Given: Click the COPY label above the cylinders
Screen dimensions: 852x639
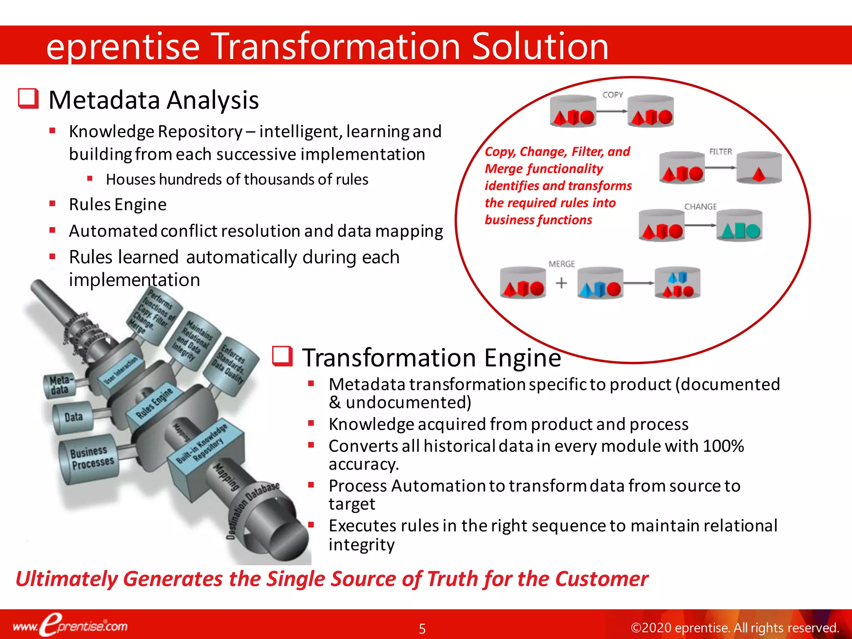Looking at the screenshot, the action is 613,95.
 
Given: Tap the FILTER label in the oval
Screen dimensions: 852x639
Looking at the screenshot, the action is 720,152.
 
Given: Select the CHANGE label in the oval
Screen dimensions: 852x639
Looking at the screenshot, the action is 701,206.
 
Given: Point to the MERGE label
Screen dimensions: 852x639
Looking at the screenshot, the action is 562,264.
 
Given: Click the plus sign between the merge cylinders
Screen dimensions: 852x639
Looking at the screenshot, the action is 561,283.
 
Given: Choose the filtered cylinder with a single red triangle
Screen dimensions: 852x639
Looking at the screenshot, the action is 759,168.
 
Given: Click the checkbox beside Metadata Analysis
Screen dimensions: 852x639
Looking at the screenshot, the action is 28,99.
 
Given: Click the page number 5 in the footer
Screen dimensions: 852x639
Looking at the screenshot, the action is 422,629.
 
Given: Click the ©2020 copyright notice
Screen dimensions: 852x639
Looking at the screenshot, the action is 735,627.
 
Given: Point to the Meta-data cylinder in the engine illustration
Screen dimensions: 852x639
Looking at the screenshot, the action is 59,386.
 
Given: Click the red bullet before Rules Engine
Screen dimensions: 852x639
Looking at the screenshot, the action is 52,204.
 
